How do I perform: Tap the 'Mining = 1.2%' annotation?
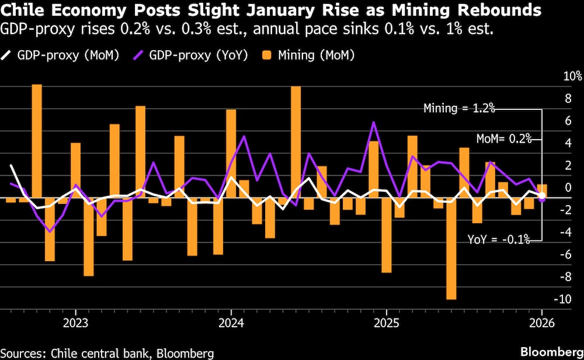coord(460,108)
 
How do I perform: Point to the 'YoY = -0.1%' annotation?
coord(499,238)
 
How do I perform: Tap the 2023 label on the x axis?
coord(75,323)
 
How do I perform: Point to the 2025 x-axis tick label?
coord(386,323)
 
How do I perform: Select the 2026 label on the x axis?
coord(541,323)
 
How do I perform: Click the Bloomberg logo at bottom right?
coord(549,352)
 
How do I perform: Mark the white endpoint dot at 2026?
coord(542,195)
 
